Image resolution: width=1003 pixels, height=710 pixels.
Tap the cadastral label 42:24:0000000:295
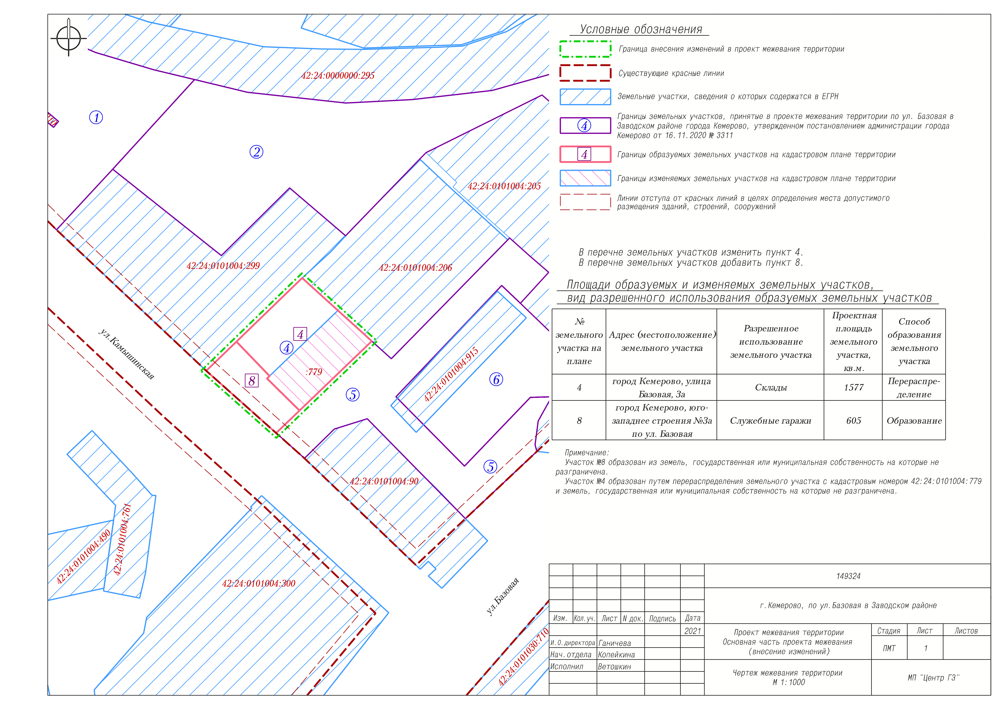(x=338, y=76)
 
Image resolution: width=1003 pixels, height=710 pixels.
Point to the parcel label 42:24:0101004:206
(x=415, y=268)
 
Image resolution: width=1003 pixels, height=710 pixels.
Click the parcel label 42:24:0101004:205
(x=504, y=186)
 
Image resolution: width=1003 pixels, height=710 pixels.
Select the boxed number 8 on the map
(x=252, y=381)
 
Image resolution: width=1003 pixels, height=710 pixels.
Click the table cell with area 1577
(x=854, y=387)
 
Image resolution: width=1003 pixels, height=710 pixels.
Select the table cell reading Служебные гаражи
(x=771, y=421)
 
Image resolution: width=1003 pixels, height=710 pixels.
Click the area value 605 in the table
(x=854, y=421)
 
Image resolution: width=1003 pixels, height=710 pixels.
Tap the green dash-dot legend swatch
(x=585, y=49)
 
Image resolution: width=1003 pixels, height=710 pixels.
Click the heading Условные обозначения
(x=641, y=29)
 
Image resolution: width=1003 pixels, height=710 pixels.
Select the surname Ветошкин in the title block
(x=614, y=667)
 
